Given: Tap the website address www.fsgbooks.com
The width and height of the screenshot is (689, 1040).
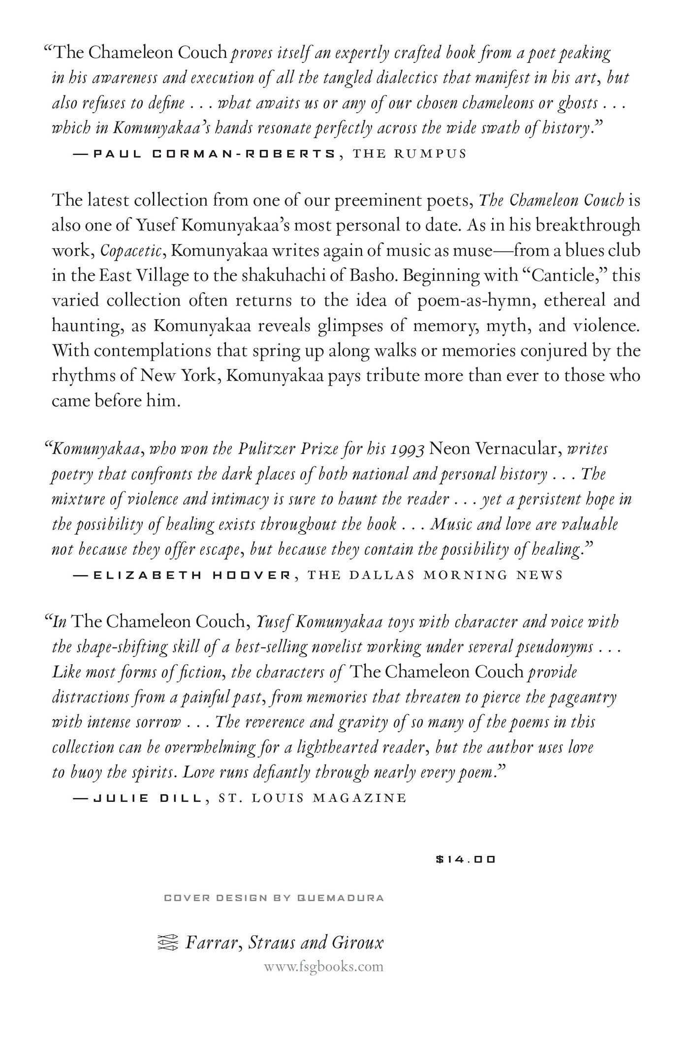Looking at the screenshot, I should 323,967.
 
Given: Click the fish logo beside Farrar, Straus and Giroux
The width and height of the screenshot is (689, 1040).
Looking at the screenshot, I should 166,942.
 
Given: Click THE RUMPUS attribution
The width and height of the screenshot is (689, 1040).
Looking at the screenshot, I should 409,153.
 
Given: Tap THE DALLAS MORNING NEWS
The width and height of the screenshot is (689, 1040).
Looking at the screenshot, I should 435,575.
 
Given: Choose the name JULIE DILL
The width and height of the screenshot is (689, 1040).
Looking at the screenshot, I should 148,797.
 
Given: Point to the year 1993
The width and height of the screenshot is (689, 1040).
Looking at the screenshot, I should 408,450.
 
